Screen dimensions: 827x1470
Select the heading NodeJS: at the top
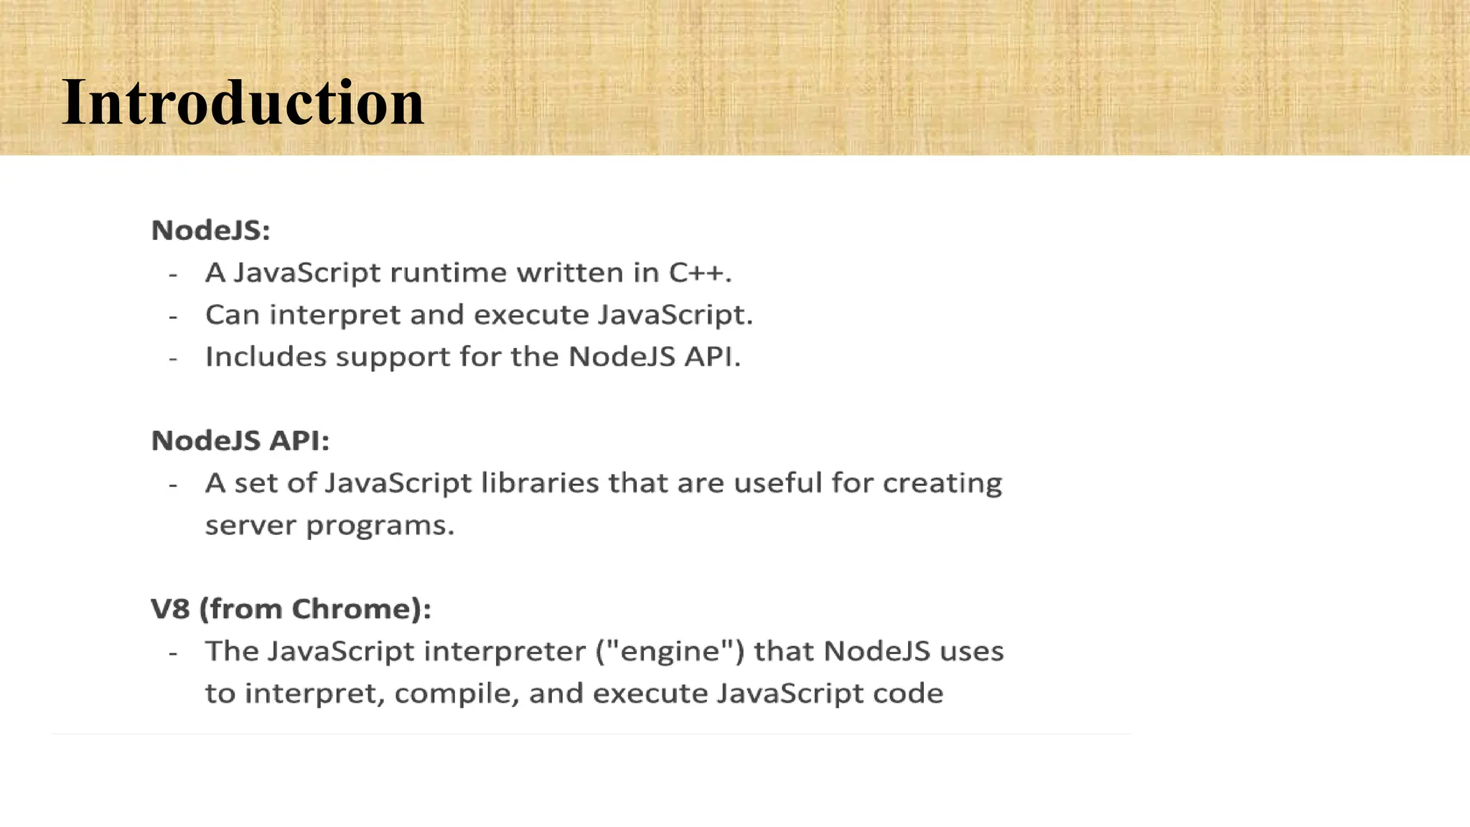pyautogui.click(x=210, y=230)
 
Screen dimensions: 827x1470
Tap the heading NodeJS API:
pyautogui.click(x=240, y=441)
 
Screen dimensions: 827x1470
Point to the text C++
pyautogui.click(x=700, y=273)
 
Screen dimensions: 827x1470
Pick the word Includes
pyautogui.click(x=266, y=357)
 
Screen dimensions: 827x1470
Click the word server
pyautogui.click(x=251, y=525)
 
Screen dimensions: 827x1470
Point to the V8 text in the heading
pyautogui.click(x=170, y=609)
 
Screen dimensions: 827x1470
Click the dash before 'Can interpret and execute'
pyautogui.click(x=173, y=316)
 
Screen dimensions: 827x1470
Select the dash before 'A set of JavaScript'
pyautogui.click(x=173, y=485)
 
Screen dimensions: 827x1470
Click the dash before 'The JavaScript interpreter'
pyautogui.click(x=173, y=653)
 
